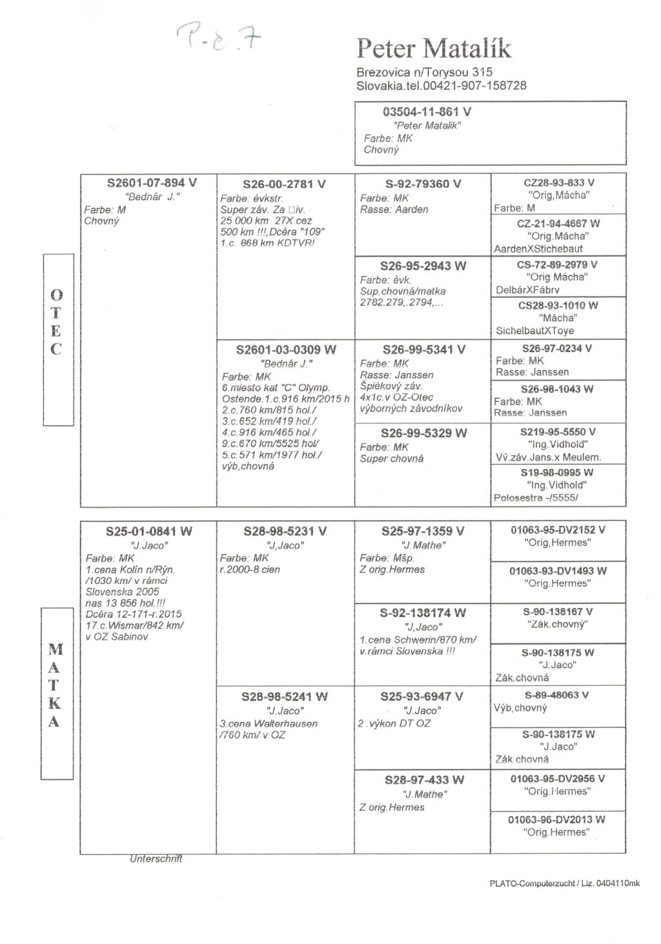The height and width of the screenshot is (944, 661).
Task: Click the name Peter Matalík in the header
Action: tap(434, 48)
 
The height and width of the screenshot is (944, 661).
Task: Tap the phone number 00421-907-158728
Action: tap(474, 85)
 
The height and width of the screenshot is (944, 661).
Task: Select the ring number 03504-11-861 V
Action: tap(427, 112)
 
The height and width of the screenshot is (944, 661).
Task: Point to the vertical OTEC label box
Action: tap(57, 340)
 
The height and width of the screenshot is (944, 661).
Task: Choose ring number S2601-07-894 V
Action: tap(152, 184)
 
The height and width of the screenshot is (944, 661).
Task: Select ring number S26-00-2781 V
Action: tap(284, 184)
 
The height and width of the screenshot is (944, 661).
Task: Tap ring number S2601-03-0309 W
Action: tap(286, 350)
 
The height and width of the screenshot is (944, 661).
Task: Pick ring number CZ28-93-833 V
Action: tap(559, 183)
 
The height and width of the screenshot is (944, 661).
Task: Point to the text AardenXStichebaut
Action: tap(538, 249)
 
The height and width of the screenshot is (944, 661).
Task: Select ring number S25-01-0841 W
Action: tap(149, 532)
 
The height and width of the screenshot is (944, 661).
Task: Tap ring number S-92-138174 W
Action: tap(423, 613)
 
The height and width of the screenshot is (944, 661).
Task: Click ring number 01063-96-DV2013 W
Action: tap(556, 819)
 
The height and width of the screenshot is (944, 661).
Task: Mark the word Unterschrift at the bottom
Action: tap(156, 859)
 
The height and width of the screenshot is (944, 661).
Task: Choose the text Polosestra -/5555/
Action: tap(536, 498)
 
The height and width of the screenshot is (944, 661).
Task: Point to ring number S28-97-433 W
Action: tap(424, 780)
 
